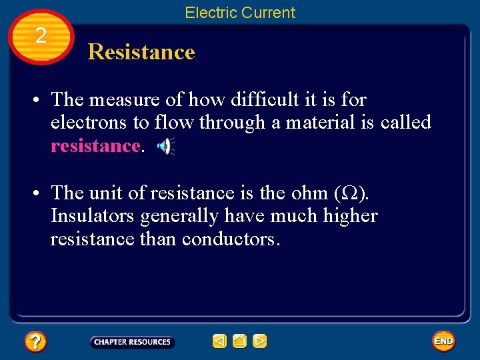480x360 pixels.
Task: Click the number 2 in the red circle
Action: point(41,36)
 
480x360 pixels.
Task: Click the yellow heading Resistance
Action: point(141,52)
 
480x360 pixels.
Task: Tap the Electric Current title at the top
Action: point(239,13)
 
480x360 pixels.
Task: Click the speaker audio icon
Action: point(165,146)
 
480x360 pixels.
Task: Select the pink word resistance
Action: point(95,146)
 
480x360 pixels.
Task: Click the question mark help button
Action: point(35,342)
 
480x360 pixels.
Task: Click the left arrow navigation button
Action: point(219,341)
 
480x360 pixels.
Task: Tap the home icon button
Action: point(239,341)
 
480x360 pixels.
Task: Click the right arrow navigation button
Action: point(260,341)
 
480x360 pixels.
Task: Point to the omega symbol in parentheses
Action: point(350,193)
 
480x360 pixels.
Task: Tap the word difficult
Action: point(254,99)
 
